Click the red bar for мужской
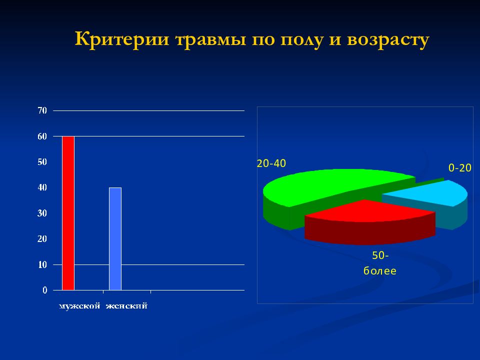68,213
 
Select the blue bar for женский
115,238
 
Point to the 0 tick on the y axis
44,290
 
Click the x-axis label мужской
80,306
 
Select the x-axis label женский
126,306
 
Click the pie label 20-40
271,163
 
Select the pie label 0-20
459,168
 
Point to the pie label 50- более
379,263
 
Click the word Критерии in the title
122,40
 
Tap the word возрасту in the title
386,40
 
